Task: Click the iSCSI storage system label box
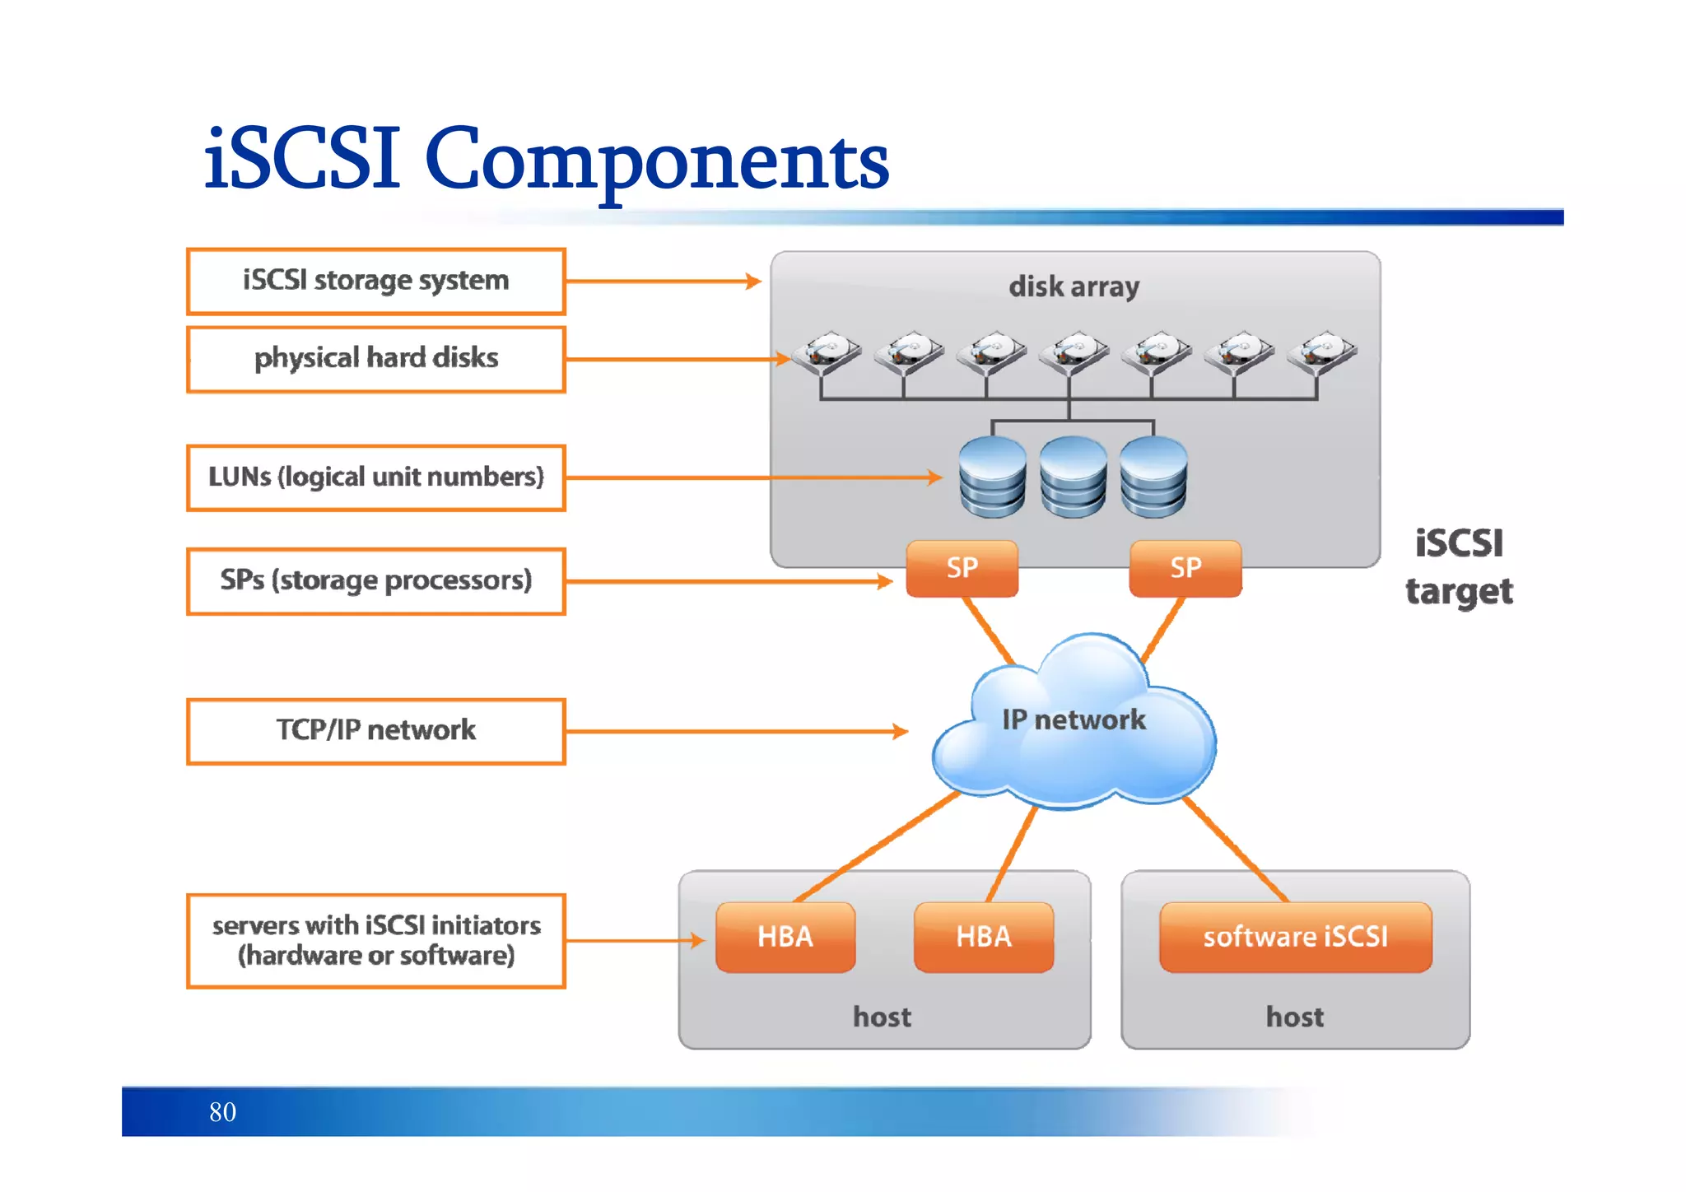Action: (x=376, y=282)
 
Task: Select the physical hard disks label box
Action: (x=376, y=360)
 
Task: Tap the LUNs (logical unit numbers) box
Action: (x=376, y=477)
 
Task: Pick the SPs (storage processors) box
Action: (x=376, y=581)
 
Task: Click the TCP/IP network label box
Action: (x=376, y=731)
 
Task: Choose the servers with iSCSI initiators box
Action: (x=376, y=940)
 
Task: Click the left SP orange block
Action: (x=962, y=568)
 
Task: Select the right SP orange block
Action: (x=1185, y=568)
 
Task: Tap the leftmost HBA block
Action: (x=785, y=937)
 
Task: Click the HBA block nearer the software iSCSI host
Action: (x=984, y=937)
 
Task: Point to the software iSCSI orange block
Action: (x=1296, y=937)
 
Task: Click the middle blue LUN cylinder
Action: (x=1073, y=477)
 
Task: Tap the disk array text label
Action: (x=1074, y=286)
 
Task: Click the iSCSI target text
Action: (x=1459, y=568)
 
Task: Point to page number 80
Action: (x=222, y=1112)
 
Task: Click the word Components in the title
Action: (x=657, y=161)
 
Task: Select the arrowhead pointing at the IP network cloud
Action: (x=901, y=731)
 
